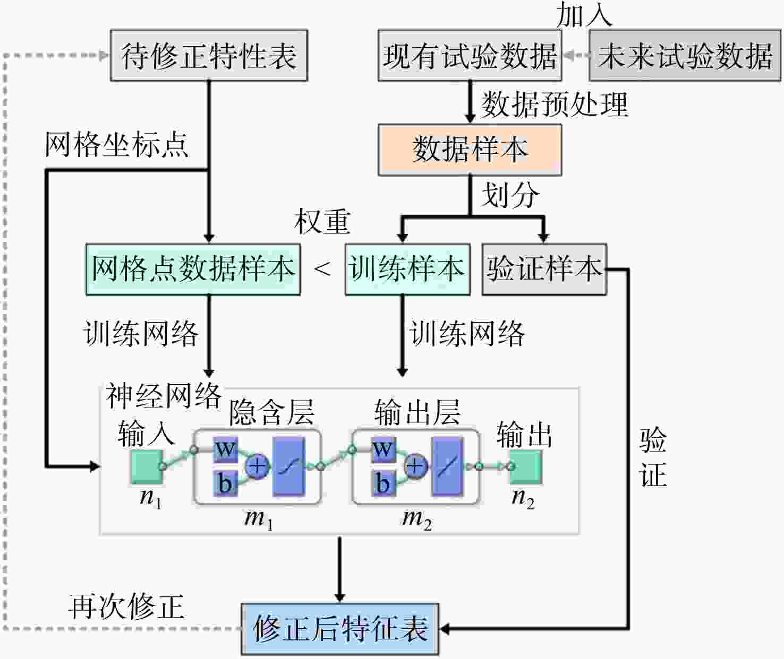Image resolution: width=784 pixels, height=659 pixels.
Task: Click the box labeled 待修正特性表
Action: click(209, 56)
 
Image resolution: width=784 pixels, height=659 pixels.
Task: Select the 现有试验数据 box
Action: click(470, 56)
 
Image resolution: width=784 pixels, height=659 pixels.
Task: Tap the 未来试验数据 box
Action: click(685, 56)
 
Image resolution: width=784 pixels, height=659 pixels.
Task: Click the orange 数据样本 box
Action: click(470, 150)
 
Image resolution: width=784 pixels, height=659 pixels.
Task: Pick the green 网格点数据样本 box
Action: click(193, 270)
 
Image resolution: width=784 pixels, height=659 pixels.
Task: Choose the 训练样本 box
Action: click(407, 270)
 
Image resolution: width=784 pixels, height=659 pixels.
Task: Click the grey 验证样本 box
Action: click(544, 270)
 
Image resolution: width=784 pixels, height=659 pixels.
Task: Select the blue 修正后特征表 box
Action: click(340, 629)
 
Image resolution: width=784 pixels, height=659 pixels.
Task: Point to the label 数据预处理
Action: click(555, 105)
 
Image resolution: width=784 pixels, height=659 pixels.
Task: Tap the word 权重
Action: click(322, 222)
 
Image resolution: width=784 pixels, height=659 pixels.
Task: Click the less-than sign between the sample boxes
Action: click(322, 269)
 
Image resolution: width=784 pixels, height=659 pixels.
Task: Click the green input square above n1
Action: click(147, 466)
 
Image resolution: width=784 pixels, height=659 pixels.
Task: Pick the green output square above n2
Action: click(526, 466)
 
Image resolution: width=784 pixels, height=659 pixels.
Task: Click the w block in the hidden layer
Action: click(225, 449)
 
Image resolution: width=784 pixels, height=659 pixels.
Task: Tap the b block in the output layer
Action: click(384, 483)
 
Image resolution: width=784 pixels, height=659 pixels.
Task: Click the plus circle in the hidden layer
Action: click(258, 466)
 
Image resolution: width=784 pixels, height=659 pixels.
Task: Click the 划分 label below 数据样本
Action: click(510, 195)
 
